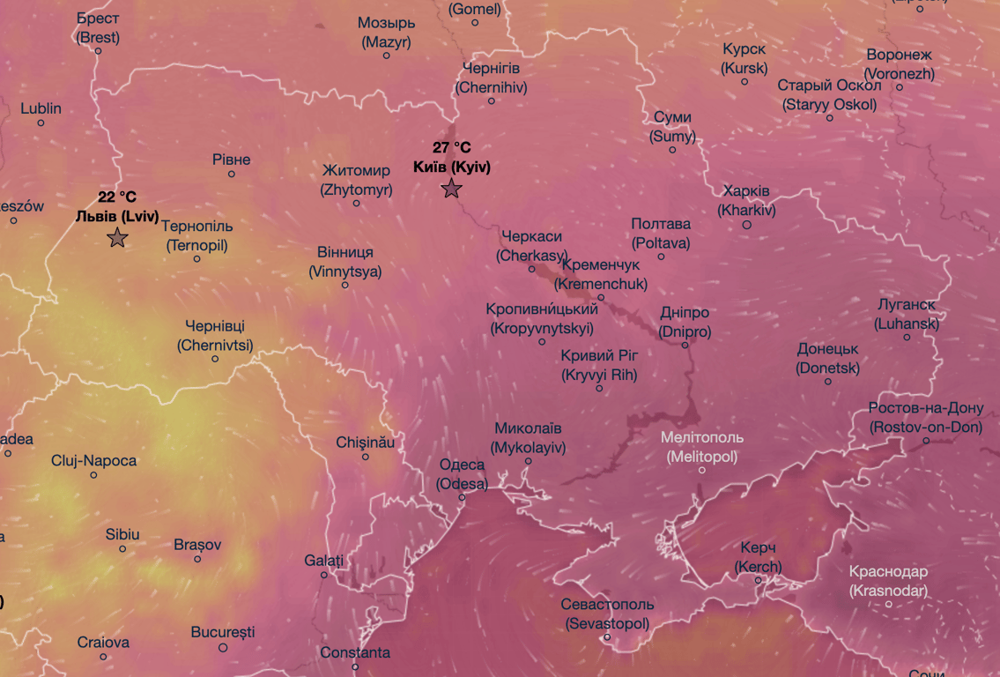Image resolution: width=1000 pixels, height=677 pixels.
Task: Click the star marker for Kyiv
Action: pyautogui.click(x=452, y=188)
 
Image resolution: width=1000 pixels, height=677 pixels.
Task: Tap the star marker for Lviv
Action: pyautogui.click(x=117, y=237)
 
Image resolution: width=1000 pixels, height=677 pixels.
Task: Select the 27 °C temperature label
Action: pyautogui.click(x=451, y=148)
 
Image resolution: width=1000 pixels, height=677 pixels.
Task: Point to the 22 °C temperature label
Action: pyautogui.click(x=117, y=197)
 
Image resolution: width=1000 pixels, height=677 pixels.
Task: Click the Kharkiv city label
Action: pyautogui.click(x=746, y=200)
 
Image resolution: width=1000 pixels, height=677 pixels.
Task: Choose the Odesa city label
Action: pyautogui.click(x=462, y=474)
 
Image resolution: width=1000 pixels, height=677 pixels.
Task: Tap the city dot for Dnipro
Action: pyautogui.click(x=685, y=345)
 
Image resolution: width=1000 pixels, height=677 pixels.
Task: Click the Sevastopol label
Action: pyautogui.click(x=607, y=614)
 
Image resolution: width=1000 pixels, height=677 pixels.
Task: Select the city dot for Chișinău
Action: pyautogui.click(x=366, y=457)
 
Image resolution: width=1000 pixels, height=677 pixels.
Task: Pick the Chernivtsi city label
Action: pyautogui.click(x=215, y=336)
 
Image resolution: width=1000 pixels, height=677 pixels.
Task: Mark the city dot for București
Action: pyautogui.click(x=223, y=647)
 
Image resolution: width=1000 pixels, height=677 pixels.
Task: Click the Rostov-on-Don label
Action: pyautogui.click(x=924, y=417)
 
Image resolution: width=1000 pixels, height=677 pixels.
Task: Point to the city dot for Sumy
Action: pyautogui.click(x=672, y=150)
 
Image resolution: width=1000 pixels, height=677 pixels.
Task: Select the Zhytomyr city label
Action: pyautogui.click(x=356, y=179)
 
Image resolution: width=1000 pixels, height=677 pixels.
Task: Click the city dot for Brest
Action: pyautogui.click(x=98, y=51)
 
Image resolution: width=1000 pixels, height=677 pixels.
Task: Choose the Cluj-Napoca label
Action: pyautogui.click(x=93, y=461)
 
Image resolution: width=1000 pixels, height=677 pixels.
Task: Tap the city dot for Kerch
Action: pyautogui.click(x=758, y=579)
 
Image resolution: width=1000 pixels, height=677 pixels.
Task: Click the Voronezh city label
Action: pyautogui.click(x=899, y=64)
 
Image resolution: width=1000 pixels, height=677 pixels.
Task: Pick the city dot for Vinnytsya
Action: pyautogui.click(x=345, y=285)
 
